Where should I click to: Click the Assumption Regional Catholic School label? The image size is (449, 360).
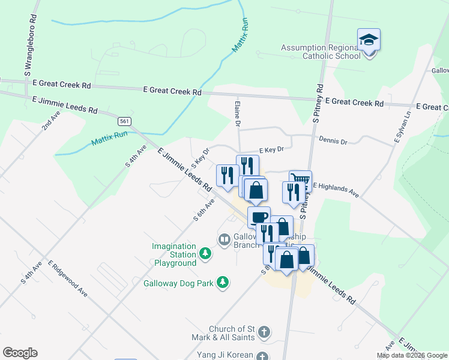point(321,52)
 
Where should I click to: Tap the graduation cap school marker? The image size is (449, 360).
point(369,41)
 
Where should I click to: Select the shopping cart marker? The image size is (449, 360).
point(300,179)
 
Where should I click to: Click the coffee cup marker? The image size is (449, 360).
point(259,217)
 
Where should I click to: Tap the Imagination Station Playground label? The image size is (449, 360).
point(174,254)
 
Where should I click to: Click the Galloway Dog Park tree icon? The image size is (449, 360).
point(223,282)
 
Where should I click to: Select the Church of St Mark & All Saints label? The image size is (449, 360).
point(232,333)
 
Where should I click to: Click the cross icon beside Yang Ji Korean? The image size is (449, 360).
point(262,356)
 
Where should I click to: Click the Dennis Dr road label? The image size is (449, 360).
point(333,142)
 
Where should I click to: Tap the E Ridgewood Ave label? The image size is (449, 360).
point(67,278)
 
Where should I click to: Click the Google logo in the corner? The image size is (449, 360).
point(20,353)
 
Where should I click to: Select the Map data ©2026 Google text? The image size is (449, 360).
point(412,355)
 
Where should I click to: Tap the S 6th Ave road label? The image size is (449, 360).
point(204,211)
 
